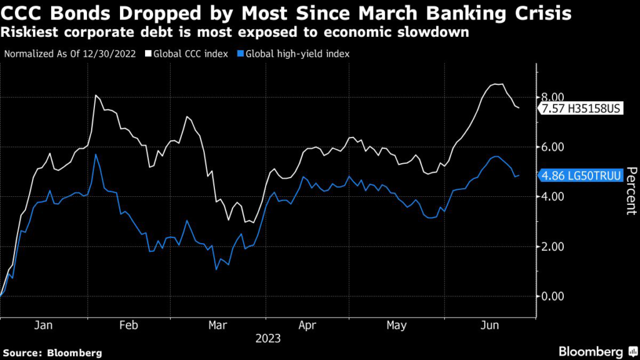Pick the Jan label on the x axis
point(43,325)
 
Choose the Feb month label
point(127,325)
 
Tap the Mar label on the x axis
point(217,325)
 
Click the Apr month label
point(307,325)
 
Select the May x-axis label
point(397,325)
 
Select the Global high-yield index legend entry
point(297,53)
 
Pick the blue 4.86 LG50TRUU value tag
point(579,176)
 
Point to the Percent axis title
point(631,191)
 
